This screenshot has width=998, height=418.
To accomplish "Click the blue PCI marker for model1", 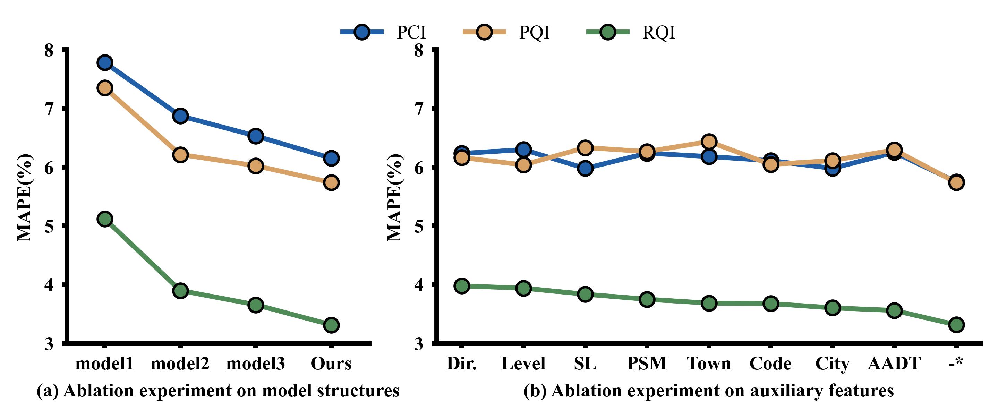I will (105, 62).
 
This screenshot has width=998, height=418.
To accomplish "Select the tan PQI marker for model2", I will (180, 155).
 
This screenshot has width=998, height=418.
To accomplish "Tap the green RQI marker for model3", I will (256, 305).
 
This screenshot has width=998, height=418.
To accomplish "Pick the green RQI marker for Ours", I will (331, 325).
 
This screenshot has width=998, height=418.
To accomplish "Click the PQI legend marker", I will (484, 32).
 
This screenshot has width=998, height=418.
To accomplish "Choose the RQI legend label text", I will (658, 32).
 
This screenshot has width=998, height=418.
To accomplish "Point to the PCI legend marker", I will (361, 32).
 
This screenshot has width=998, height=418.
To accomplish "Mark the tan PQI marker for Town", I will (709, 142).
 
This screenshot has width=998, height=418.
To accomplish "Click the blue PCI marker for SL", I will (585, 169).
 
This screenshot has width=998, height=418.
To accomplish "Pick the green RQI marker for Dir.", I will (461, 286).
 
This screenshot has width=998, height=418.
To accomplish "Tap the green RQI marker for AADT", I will (894, 310).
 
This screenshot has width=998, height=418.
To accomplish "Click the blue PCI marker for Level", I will (523, 149).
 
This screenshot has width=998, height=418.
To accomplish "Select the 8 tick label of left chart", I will (49, 50).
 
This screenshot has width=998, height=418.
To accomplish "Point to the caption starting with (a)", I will (218, 391).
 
